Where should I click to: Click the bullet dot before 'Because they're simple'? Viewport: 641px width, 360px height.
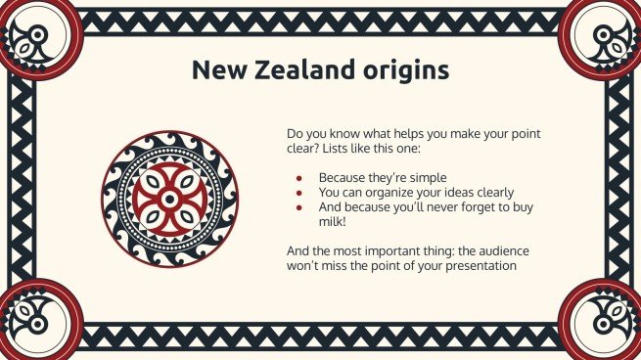point(298,178)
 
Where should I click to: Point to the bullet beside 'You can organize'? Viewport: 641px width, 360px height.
point(298,193)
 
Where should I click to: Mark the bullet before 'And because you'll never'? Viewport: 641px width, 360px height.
point(298,207)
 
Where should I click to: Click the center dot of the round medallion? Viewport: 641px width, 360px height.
point(169,200)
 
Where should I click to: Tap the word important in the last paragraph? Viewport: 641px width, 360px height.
point(389,250)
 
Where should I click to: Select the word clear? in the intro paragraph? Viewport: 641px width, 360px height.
point(302,148)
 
